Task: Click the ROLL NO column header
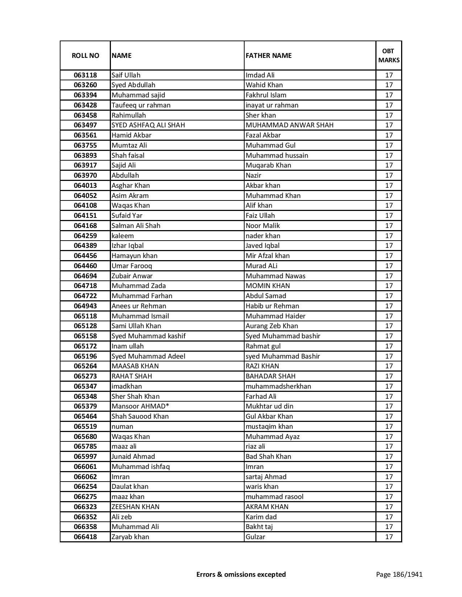85,55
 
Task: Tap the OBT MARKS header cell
389,55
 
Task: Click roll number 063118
85,75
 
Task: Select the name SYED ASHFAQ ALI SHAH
148,125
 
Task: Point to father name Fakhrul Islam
266,95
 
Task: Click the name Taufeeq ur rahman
141,105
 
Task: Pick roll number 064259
85,236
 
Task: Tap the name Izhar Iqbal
128,246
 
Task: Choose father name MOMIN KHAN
268,286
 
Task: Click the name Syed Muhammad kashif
149,336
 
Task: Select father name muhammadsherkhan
278,386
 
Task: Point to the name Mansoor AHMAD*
141,406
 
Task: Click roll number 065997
85,457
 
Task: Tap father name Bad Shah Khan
268,457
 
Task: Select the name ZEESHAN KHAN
136,507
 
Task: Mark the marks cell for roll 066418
389,537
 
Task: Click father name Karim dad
261,517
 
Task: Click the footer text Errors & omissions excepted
241,574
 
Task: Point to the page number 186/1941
399,574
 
